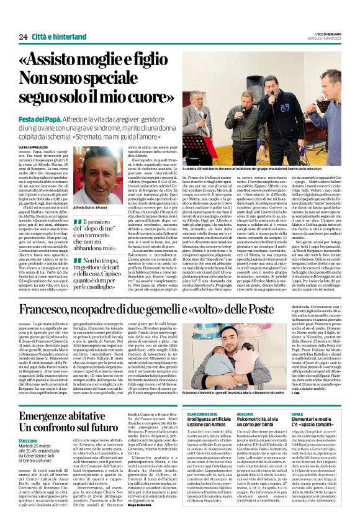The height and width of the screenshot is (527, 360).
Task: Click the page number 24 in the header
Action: pos(23,37)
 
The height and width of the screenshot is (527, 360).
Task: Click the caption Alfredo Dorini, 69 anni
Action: pos(94,207)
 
